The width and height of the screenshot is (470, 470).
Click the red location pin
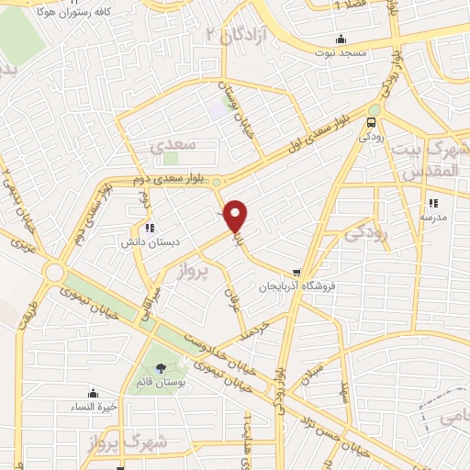coord(236,215)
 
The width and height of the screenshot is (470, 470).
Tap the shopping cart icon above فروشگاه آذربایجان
coord(297,272)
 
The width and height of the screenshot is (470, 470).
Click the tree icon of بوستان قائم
coord(162,368)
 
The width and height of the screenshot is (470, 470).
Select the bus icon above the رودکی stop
coord(372,122)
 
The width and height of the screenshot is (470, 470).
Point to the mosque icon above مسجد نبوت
coord(341,39)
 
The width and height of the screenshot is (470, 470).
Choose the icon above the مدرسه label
coord(433,203)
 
